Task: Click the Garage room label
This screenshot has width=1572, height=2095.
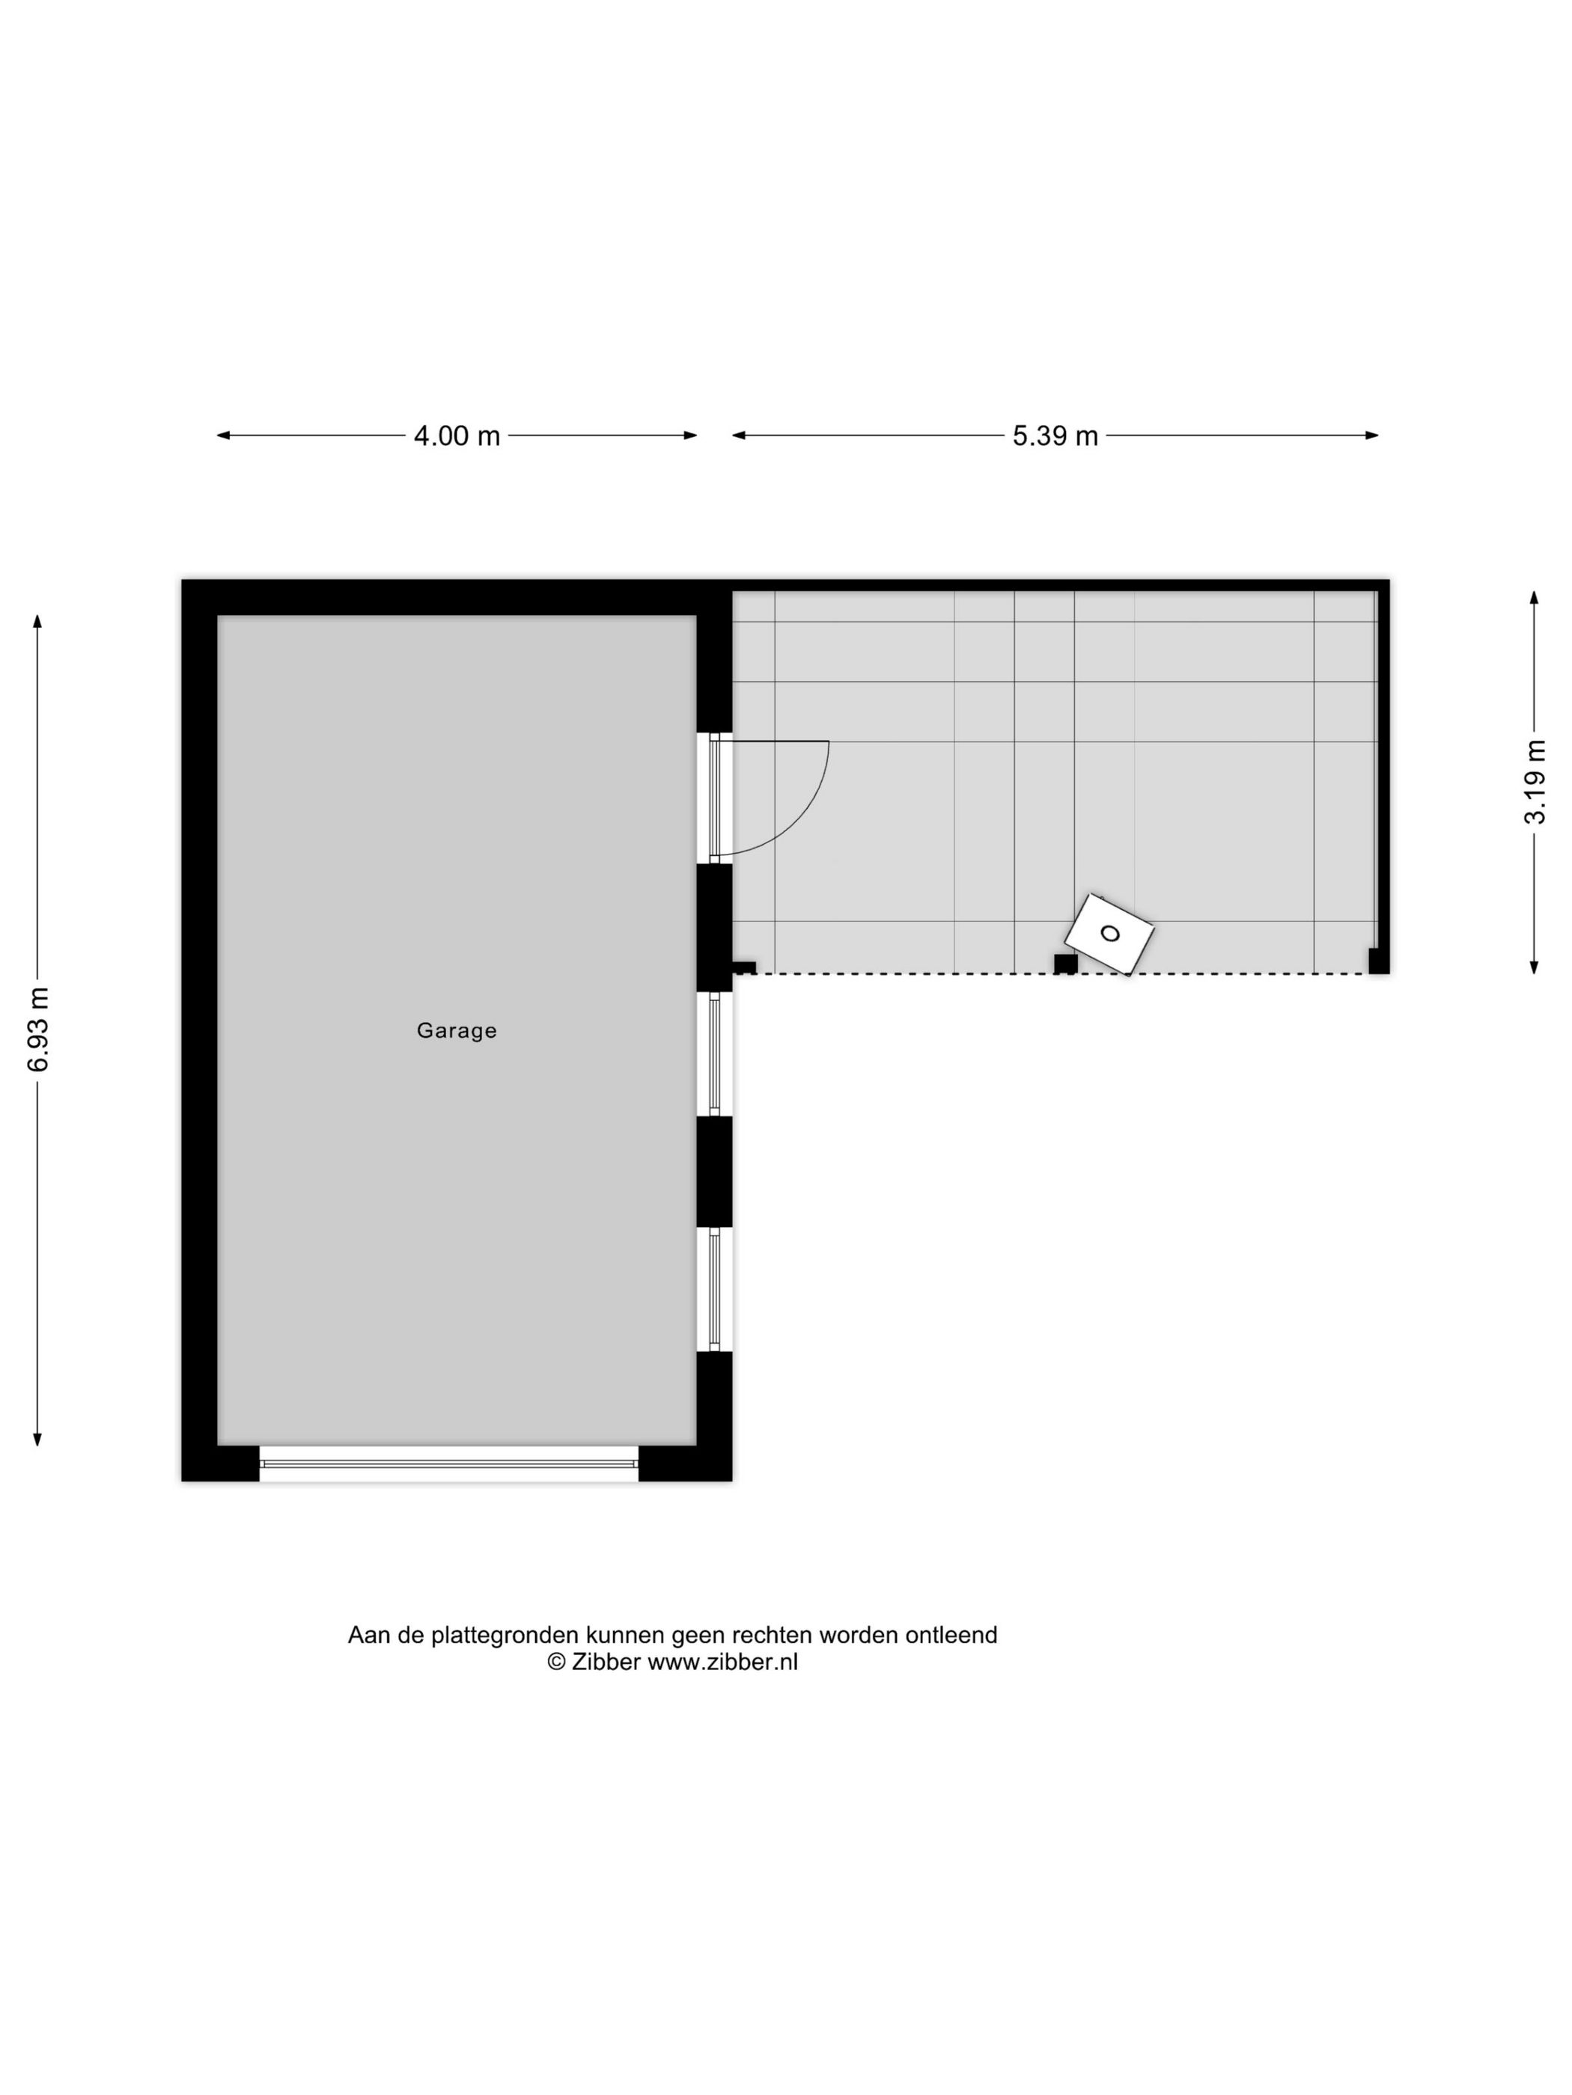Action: tap(456, 1030)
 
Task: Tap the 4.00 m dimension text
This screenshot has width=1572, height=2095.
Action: tap(456, 435)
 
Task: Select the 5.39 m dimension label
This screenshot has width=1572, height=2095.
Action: tap(1055, 435)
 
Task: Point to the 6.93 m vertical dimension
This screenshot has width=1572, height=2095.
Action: tap(38, 1029)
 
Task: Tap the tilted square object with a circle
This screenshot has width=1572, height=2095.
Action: tap(1109, 934)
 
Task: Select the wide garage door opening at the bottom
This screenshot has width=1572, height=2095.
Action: tap(448, 1464)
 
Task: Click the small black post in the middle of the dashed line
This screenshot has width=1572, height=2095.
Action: tap(1065, 964)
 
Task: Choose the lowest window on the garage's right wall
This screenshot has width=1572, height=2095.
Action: tap(714, 1289)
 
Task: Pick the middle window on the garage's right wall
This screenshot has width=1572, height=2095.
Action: tap(714, 1053)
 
